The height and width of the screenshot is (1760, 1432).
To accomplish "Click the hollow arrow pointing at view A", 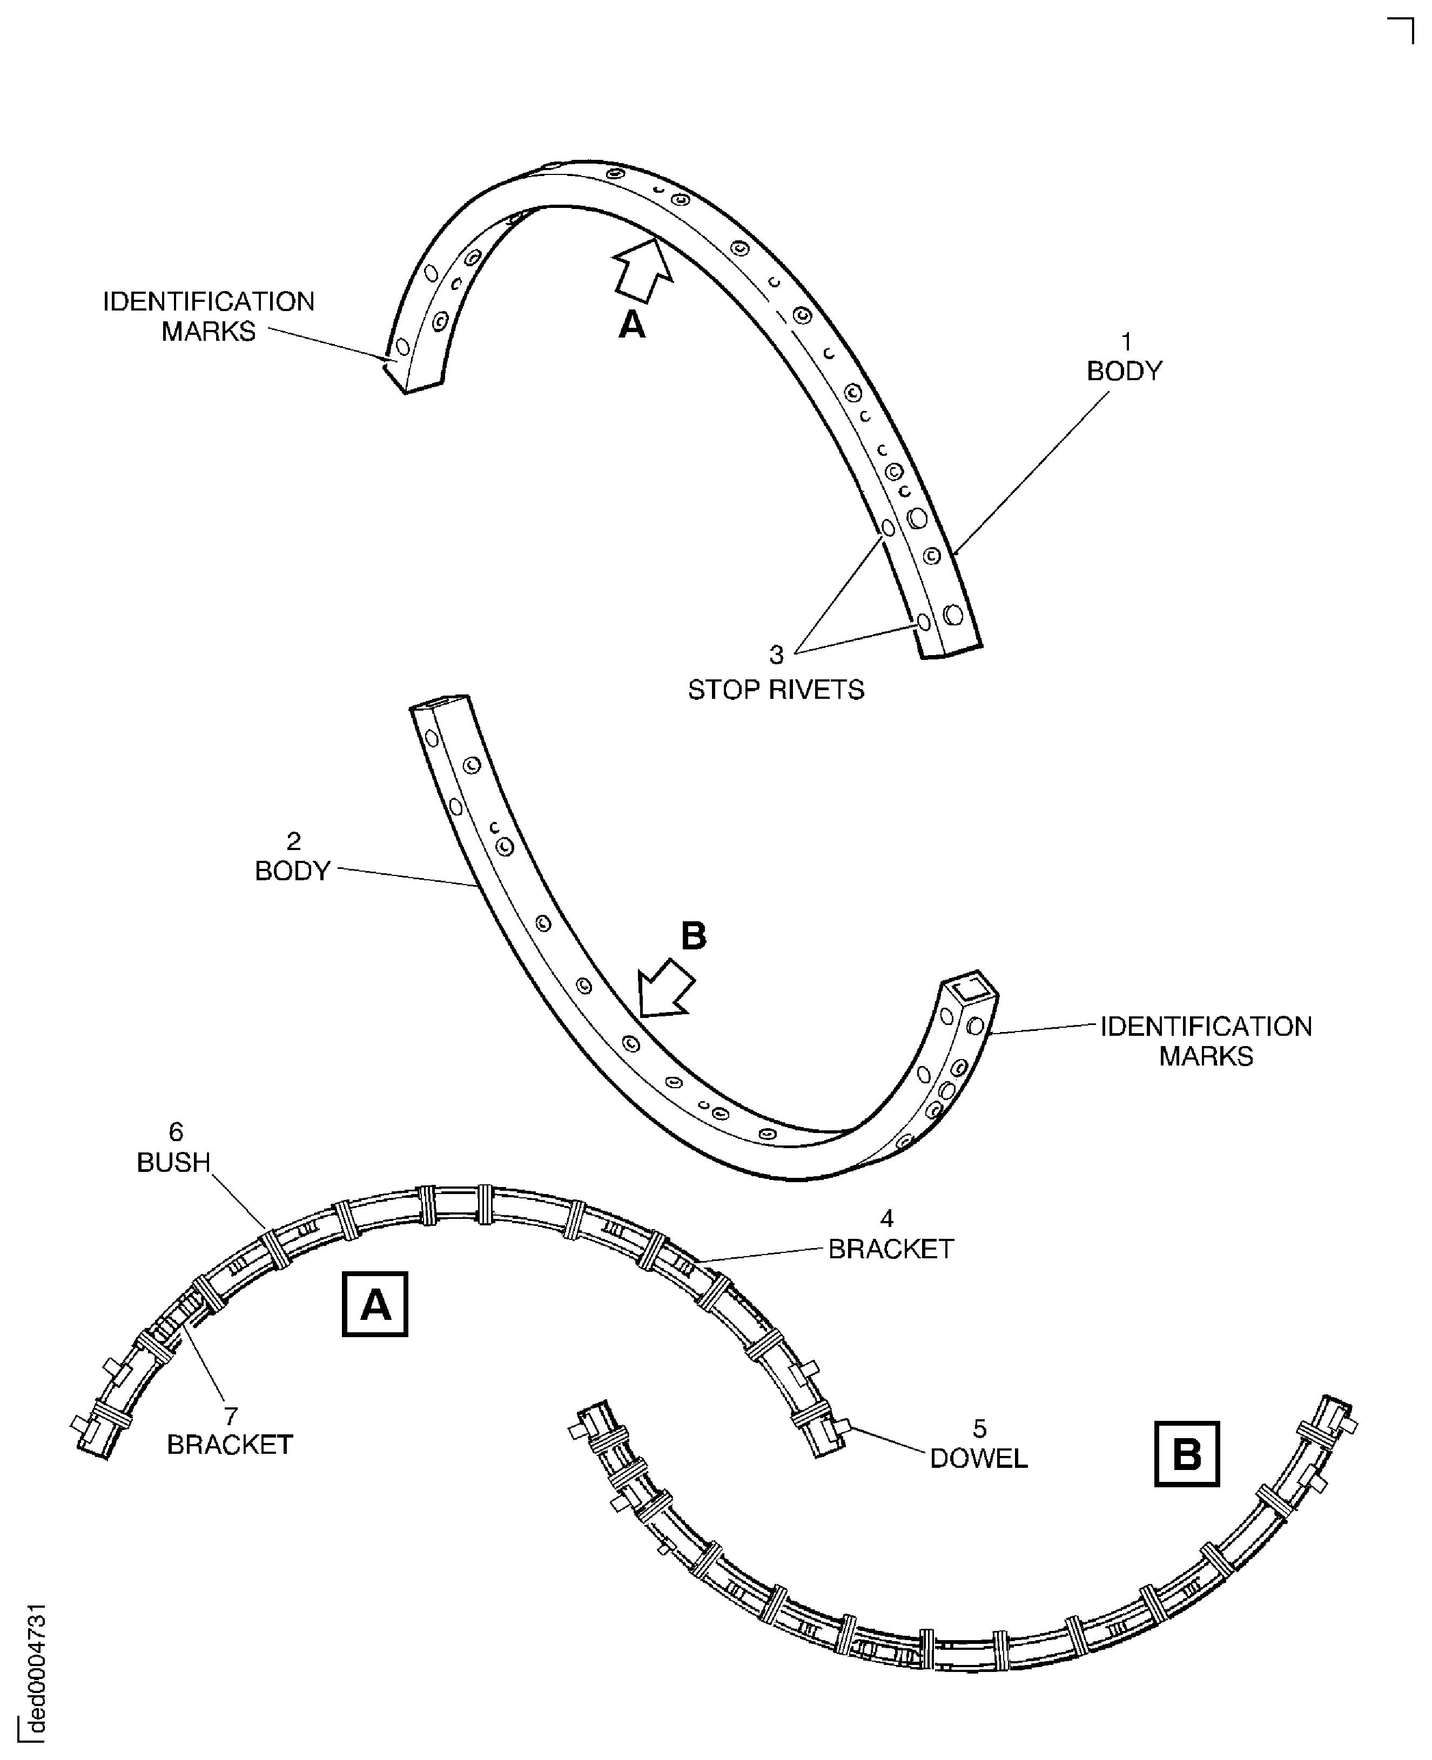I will (x=643, y=269).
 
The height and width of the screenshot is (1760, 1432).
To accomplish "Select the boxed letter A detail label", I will (x=375, y=1305).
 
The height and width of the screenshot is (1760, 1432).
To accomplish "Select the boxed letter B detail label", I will (x=1186, y=1454).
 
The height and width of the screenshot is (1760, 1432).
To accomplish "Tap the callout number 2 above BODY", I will (x=294, y=841).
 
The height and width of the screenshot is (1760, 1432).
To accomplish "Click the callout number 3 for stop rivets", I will (x=776, y=655).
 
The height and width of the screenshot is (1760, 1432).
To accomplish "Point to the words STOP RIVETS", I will (x=776, y=690).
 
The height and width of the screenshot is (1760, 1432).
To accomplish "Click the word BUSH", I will (x=174, y=1163).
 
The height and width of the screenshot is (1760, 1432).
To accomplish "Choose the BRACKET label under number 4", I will (x=891, y=1250).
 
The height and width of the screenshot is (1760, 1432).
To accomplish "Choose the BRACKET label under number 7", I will (x=230, y=1445).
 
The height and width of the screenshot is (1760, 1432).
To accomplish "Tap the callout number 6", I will (x=176, y=1132).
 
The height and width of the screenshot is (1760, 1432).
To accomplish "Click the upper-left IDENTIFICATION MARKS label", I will (x=209, y=316).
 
